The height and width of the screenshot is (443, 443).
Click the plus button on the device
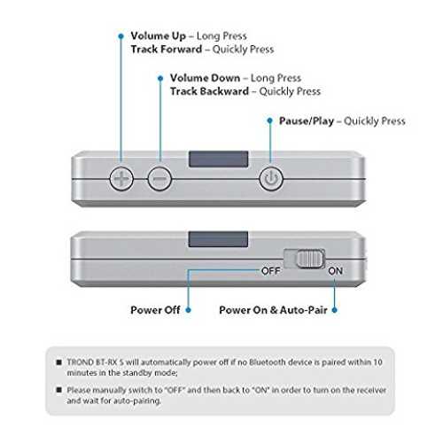(x=121, y=178)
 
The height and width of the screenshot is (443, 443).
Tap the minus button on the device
(x=159, y=178)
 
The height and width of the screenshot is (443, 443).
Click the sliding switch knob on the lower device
(x=309, y=260)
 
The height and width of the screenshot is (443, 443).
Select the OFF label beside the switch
(x=271, y=271)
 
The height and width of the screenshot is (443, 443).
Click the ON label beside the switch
(x=335, y=271)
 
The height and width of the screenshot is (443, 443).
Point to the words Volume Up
(x=159, y=36)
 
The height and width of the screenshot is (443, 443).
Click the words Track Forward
(x=167, y=49)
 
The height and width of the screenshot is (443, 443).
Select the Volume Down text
(x=206, y=78)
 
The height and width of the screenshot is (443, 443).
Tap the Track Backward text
(x=209, y=91)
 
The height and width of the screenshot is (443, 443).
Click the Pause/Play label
(x=307, y=121)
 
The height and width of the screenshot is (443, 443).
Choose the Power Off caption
(x=155, y=310)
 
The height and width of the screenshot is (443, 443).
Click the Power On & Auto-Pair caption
(x=273, y=310)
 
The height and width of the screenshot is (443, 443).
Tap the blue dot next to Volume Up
(x=120, y=36)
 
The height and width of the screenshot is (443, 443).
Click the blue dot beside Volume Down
(x=160, y=78)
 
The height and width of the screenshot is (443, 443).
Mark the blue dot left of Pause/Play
(x=269, y=120)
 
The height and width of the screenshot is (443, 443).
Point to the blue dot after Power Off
(x=189, y=310)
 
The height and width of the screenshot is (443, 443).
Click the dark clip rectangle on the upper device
(x=219, y=159)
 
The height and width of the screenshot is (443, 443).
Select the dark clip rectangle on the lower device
(x=218, y=239)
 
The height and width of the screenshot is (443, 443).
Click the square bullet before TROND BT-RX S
(x=59, y=362)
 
